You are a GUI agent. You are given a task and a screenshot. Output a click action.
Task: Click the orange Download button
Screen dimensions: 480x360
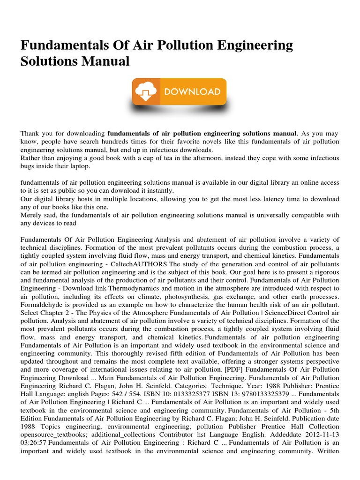180,91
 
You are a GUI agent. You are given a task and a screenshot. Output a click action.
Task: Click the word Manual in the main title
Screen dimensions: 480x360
105,61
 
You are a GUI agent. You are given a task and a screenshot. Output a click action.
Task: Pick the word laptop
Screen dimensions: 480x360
79,166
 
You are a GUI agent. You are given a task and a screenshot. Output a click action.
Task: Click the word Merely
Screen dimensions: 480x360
31,215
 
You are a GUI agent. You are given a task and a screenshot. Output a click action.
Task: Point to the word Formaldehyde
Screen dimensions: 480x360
41,304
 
